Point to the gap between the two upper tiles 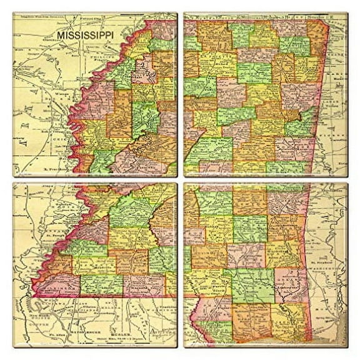180,94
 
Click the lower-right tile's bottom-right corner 347,347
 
